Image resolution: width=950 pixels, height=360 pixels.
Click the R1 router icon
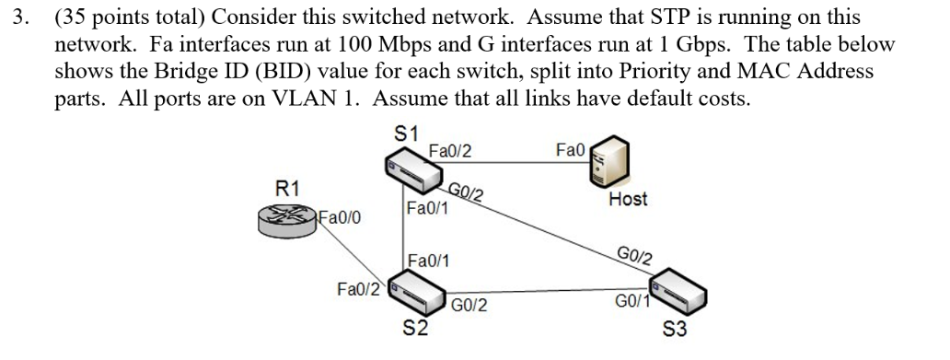(289, 218)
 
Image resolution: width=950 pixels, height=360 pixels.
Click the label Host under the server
(628, 199)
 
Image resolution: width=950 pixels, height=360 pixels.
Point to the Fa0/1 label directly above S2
(428, 261)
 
